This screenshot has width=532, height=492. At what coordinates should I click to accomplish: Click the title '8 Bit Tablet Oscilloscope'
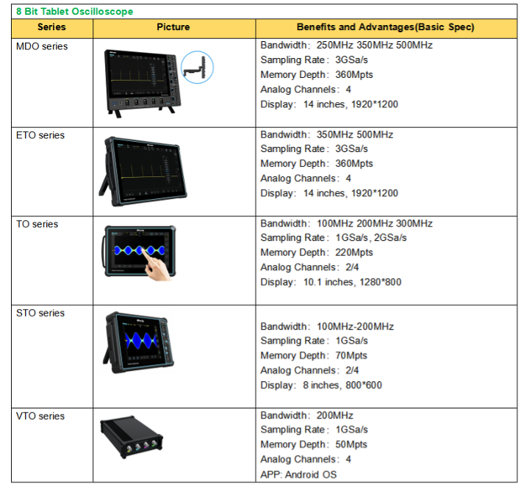click(75, 12)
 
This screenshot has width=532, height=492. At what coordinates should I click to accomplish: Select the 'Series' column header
click(51, 27)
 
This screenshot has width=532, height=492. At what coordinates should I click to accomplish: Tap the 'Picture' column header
click(173, 27)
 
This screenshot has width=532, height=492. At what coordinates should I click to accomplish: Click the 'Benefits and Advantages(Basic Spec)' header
click(386, 27)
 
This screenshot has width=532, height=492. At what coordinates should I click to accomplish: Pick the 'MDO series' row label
click(42, 46)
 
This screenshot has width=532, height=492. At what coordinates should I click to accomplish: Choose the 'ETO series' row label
click(40, 135)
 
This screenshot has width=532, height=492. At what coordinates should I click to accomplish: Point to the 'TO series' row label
click(37, 224)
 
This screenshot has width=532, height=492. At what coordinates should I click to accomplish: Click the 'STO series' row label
click(40, 313)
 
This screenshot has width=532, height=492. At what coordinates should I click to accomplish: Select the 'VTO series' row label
click(40, 416)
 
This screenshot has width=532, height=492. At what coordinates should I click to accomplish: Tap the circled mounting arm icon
click(197, 67)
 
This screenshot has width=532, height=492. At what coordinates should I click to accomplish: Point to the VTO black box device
click(132, 437)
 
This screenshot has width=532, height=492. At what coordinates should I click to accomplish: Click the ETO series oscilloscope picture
click(143, 171)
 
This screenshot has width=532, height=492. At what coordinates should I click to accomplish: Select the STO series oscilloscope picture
click(138, 342)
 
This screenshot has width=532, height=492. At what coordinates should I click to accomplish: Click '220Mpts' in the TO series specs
click(354, 253)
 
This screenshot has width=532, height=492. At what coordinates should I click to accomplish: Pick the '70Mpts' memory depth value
click(351, 355)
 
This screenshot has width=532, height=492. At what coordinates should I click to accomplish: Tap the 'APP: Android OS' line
click(298, 474)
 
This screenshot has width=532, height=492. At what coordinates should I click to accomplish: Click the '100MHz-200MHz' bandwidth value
click(355, 327)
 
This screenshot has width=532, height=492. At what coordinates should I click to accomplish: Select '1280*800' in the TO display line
click(381, 282)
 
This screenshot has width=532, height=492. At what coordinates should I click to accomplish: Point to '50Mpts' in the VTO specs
click(351, 444)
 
